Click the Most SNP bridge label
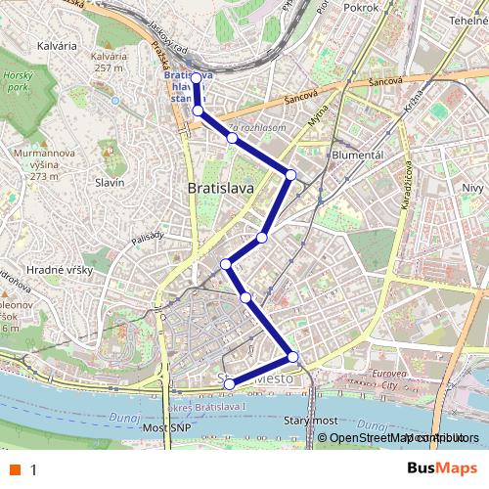click(x=164, y=428)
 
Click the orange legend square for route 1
click(x=15, y=469)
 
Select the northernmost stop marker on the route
click(x=196, y=77)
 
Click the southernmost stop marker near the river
click(x=230, y=383)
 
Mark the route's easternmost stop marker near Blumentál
click(x=290, y=174)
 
